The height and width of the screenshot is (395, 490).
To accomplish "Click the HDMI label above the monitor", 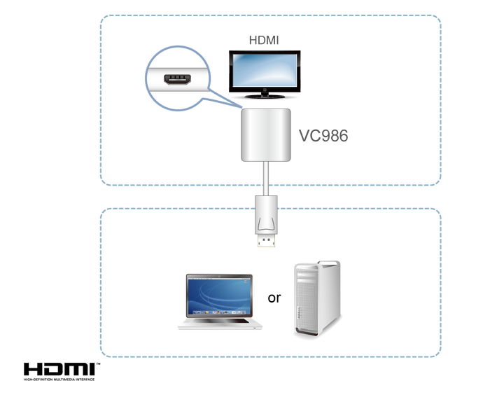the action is tap(264, 41).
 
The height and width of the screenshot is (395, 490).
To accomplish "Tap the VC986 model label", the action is tap(323, 136).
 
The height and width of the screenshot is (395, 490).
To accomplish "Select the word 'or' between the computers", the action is tap(274, 298).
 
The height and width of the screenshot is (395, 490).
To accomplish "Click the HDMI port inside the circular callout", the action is tap(177, 79).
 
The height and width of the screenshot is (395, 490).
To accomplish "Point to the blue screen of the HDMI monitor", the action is tap(265, 71).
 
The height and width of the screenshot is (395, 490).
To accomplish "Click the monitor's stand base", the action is tap(265, 96).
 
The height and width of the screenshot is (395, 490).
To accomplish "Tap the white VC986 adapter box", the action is tap(266, 135).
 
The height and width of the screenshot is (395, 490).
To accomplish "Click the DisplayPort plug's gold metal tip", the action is tap(266, 240).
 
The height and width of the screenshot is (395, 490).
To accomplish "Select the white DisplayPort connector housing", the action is tap(266, 215).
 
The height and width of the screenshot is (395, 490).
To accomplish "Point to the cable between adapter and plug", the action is tap(266, 179).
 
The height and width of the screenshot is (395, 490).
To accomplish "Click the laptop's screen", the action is tap(218, 296).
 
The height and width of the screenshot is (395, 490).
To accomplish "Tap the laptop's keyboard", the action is tap(220, 321).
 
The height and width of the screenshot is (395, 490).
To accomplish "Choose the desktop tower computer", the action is tap(317, 298).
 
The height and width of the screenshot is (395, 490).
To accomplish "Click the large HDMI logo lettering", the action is tap(59, 369).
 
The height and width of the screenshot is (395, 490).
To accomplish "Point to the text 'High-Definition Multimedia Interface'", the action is tap(59, 380).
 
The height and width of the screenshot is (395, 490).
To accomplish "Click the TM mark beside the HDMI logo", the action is tap(98, 364).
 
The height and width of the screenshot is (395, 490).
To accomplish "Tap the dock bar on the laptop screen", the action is tap(218, 312).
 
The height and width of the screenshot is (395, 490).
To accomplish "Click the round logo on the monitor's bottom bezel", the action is tap(265, 90).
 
